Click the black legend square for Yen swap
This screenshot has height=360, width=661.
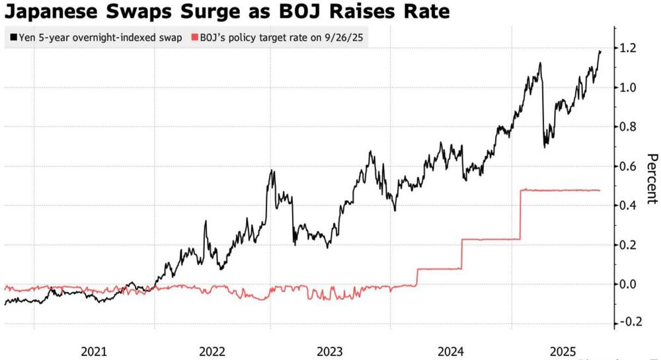point(13,37)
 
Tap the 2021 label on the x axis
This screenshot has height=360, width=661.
point(94,351)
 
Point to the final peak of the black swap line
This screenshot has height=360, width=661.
point(600,51)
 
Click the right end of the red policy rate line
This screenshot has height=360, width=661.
point(600,190)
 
